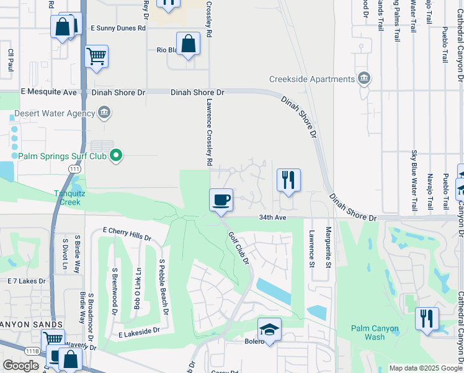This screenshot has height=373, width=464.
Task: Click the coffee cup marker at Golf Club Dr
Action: coord(221,200)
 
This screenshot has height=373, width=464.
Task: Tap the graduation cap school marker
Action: coord(269,329)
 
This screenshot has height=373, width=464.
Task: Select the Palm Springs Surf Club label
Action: coord(62,156)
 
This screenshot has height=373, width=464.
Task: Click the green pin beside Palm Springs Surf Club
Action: coord(115,155)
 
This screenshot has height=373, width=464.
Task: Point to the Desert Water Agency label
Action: coord(61,113)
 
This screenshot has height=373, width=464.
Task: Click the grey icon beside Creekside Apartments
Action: coord(364,78)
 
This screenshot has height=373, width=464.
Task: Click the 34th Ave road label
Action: coord(272,218)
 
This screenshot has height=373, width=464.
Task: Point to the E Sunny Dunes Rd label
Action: coord(118,28)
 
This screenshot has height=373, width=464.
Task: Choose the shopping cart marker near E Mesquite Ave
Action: coord(96,57)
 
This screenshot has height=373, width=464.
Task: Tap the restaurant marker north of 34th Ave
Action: coord(288,180)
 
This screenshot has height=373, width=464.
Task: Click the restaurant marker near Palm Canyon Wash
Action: coord(427,319)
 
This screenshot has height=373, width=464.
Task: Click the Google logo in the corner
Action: coord(20,366)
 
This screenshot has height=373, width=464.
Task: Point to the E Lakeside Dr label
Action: coord(139,334)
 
